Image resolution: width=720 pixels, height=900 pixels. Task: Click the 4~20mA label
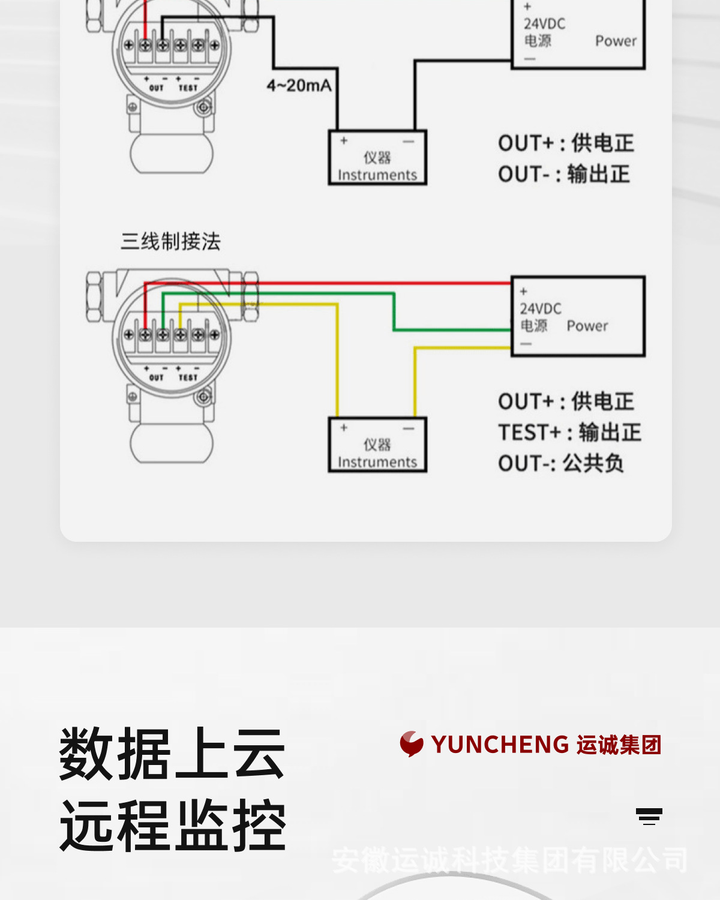click(299, 86)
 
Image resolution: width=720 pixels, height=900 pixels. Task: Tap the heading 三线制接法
click(171, 242)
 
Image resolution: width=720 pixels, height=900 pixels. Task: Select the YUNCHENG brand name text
click(500, 745)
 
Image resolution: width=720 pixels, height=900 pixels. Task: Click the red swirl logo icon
click(412, 744)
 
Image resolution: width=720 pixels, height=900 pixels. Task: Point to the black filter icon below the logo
click(649, 817)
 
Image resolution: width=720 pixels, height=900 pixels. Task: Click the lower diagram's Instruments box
click(377, 445)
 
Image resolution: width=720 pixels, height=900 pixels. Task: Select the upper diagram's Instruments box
click(377, 157)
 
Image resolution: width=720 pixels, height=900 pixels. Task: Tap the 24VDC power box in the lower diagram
click(578, 316)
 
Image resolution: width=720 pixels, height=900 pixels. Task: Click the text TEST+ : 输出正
click(569, 433)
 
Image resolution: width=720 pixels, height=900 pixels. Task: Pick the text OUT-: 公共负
click(561, 464)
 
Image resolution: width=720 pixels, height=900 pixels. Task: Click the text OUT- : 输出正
click(564, 175)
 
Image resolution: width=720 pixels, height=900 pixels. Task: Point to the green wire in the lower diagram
click(394, 312)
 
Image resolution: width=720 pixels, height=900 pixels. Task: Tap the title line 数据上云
click(172, 754)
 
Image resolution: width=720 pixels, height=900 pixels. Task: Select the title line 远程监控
click(172, 826)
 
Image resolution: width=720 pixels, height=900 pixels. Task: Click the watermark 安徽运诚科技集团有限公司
click(509, 860)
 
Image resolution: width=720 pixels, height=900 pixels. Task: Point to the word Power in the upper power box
click(616, 41)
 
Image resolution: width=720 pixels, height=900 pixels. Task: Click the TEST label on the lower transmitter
click(188, 377)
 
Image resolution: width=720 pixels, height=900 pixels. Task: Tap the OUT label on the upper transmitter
click(156, 88)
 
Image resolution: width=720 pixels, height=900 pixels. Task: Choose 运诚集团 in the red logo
click(619, 745)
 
